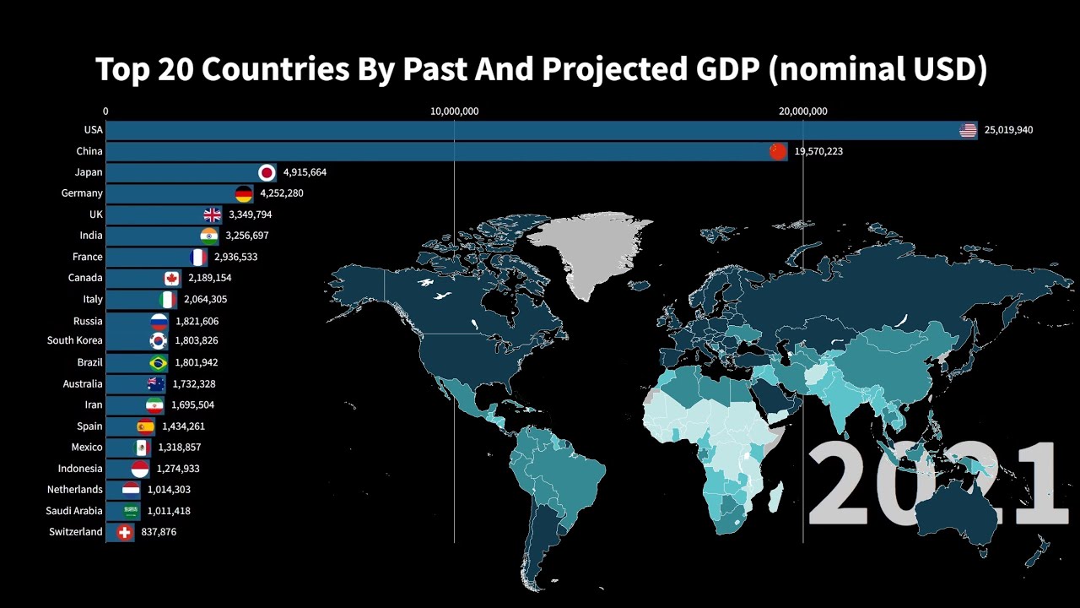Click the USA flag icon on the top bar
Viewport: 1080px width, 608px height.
968,130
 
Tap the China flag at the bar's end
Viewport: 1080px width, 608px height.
778,151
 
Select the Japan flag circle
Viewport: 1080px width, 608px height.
267,172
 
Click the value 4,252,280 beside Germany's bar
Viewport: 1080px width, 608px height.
282,193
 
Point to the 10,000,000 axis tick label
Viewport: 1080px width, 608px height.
455,111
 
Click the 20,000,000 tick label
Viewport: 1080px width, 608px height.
803,111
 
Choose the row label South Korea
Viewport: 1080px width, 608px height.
75,341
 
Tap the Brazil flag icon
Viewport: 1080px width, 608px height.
158,362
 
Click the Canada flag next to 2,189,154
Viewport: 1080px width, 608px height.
172,278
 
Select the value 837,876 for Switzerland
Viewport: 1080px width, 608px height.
159,532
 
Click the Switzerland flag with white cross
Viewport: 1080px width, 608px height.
125,532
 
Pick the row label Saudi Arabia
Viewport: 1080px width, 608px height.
74,511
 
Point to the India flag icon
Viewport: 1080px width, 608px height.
209,236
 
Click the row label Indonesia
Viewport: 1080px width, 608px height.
80,469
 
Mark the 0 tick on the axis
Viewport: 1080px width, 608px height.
105,111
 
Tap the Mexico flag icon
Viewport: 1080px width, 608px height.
143,448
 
